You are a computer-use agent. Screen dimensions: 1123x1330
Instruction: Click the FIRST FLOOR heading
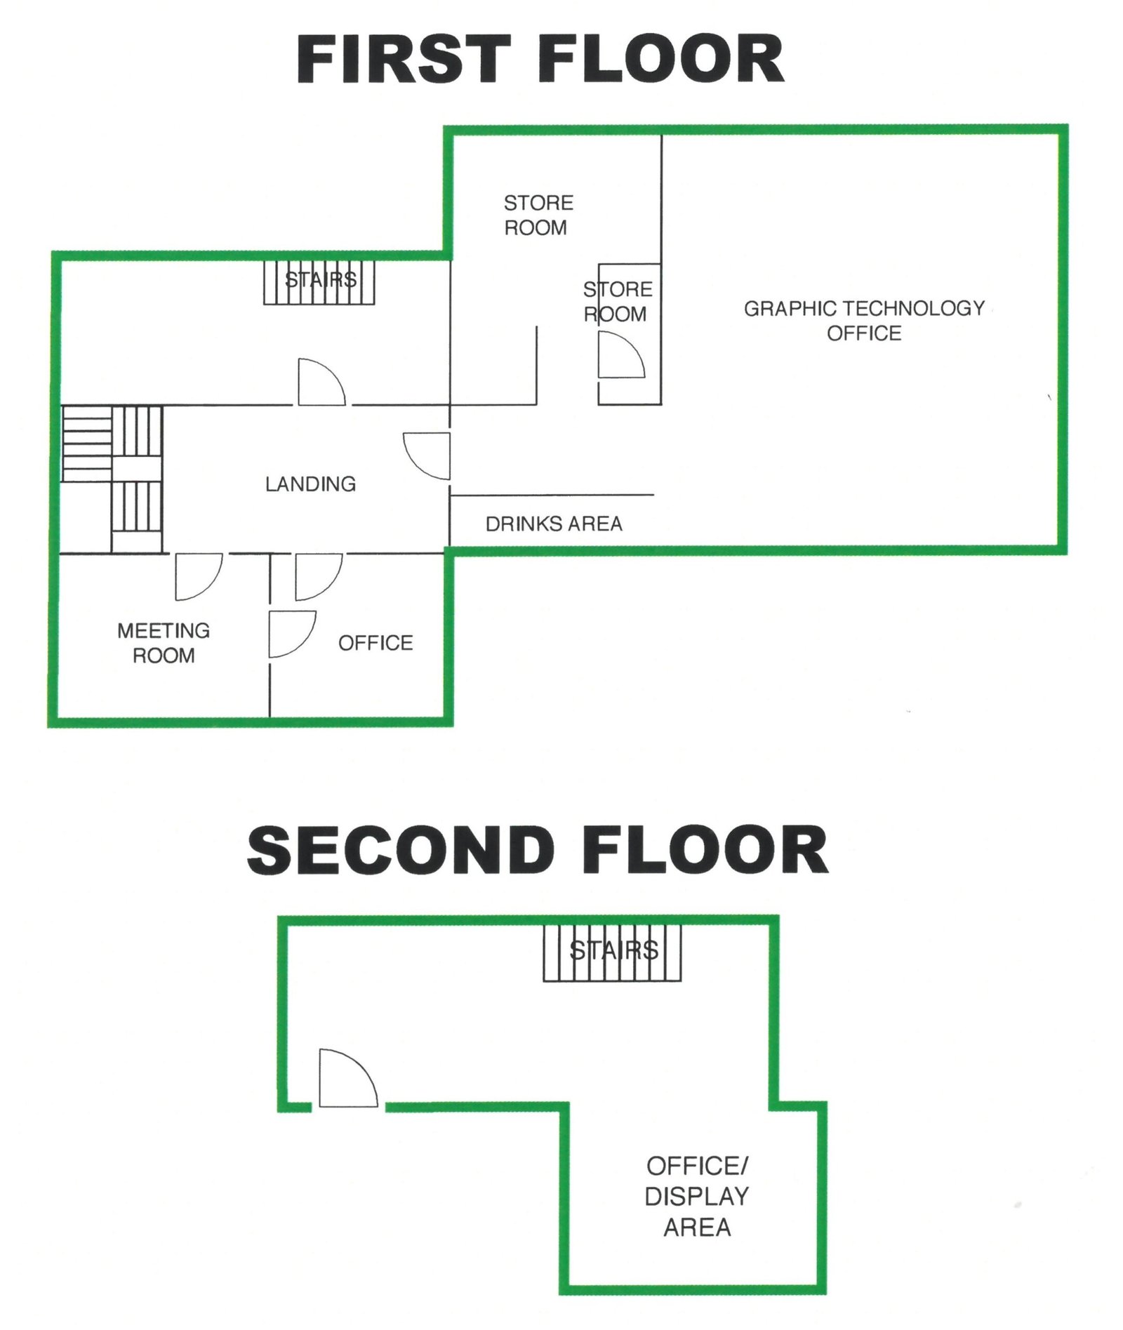[540, 59]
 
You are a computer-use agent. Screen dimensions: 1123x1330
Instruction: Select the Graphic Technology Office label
[864, 320]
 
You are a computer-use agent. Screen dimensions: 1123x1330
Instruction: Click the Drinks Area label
[554, 524]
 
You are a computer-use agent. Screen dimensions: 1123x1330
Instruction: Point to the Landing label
[310, 484]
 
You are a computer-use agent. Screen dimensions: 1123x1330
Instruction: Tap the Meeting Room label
[164, 643]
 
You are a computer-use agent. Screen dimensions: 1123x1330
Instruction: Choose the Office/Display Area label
[697, 1197]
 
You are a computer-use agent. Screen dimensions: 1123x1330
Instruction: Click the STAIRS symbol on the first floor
[319, 282]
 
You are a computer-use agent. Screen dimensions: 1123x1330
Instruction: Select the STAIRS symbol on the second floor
[612, 952]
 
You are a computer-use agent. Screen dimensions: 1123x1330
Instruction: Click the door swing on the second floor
[348, 1079]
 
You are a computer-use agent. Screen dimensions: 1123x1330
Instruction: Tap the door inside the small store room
[621, 355]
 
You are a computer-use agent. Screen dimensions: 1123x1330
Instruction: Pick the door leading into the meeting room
[199, 577]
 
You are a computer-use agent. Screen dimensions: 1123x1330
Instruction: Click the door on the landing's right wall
[427, 456]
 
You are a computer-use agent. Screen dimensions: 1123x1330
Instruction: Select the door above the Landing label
[321, 382]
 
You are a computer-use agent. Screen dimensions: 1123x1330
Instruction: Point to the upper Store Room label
[538, 215]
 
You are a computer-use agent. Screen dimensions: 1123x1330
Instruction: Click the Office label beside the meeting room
[376, 643]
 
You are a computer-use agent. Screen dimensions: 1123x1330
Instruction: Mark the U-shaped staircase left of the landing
[112, 479]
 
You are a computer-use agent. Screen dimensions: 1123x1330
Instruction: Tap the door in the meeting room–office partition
[293, 634]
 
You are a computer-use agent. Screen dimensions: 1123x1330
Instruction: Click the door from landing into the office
[319, 577]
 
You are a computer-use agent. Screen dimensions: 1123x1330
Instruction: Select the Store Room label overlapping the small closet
[618, 302]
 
